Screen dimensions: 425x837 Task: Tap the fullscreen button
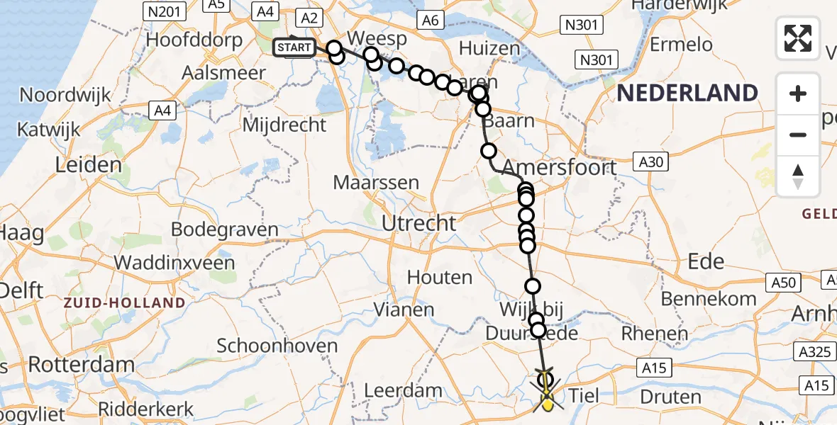(x=798, y=38)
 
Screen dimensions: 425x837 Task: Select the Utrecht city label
(x=418, y=224)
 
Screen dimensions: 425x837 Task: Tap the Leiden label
(x=89, y=165)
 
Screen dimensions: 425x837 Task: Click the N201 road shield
(x=164, y=11)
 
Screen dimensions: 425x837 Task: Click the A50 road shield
(x=784, y=283)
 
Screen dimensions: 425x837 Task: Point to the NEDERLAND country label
(x=687, y=93)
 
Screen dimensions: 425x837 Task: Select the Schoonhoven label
(x=277, y=346)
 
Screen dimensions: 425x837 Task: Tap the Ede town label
(x=705, y=261)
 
